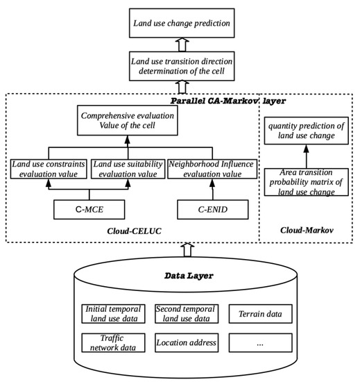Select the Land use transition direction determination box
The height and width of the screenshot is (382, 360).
(x=180, y=69)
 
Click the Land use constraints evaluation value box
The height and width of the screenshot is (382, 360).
(x=48, y=169)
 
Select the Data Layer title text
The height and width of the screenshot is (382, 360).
(x=180, y=276)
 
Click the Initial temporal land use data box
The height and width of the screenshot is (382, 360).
(x=114, y=314)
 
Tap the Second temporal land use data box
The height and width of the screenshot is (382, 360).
(x=184, y=314)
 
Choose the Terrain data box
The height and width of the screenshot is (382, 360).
(x=256, y=314)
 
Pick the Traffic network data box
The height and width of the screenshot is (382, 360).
(x=114, y=343)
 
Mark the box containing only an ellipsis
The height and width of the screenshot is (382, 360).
(x=256, y=343)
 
